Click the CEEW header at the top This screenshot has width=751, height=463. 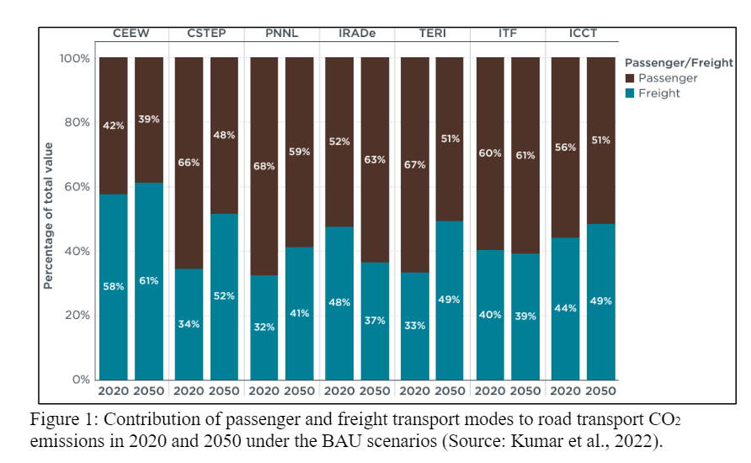pos(131,34)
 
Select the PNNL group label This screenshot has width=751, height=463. pos(281,34)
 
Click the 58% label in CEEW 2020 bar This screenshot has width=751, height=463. pos(114,286)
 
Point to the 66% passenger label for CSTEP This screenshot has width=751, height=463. pos(189,162)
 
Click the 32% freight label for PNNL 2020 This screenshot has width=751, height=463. pos(264,327)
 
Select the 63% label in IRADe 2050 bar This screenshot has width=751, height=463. pos(375,159)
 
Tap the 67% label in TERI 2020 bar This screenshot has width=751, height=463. pos(414,164)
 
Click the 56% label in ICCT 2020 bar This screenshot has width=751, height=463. pos(565,147)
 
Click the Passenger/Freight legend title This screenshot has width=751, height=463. pos(676,62)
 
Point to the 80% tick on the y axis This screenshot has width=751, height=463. pos(77,122)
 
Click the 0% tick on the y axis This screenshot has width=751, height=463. pos(80,380)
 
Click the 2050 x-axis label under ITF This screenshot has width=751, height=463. pos(525,391)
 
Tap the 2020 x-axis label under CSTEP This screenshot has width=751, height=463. pos(189,391)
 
